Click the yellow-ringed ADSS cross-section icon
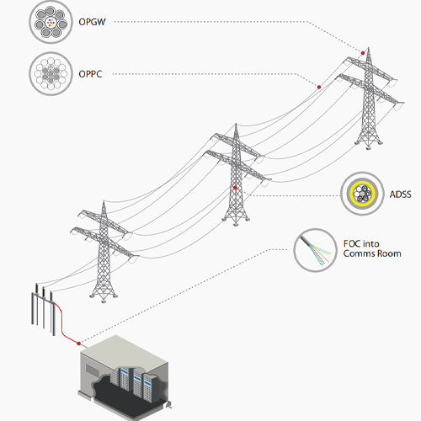point(362,195)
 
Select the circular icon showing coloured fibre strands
point(315,250)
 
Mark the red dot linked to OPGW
point(364,53)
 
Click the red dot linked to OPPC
point(318,86)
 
